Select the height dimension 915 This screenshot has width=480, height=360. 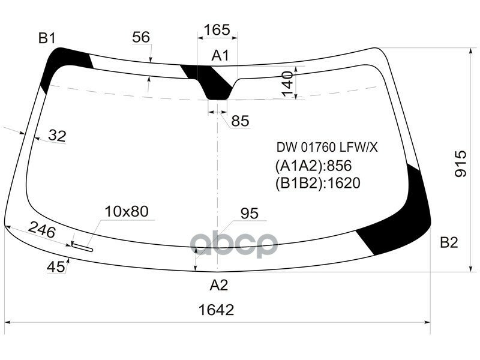[x=460, y=163]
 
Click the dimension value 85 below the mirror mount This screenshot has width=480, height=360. [x=240, y=121]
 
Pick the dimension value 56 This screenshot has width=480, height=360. [x=141, y=37]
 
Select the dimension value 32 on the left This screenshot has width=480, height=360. [x=57, y=136]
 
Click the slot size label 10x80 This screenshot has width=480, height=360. [x=126, y=211]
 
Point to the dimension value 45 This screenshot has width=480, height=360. [x=56, y=268]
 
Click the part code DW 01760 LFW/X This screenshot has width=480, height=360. [x=327, y=147]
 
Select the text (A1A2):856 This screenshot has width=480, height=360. [x=313, y=166]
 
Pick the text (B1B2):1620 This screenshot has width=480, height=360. [x=318, y=184]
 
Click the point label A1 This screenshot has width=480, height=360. [x=220, y=56]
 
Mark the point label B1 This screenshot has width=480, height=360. [x=47, y=39]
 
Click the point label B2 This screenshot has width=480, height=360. [x=449, y=243]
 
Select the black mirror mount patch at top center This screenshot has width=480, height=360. [x=215, y=84]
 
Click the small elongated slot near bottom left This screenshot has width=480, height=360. [x=82, y=245]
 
